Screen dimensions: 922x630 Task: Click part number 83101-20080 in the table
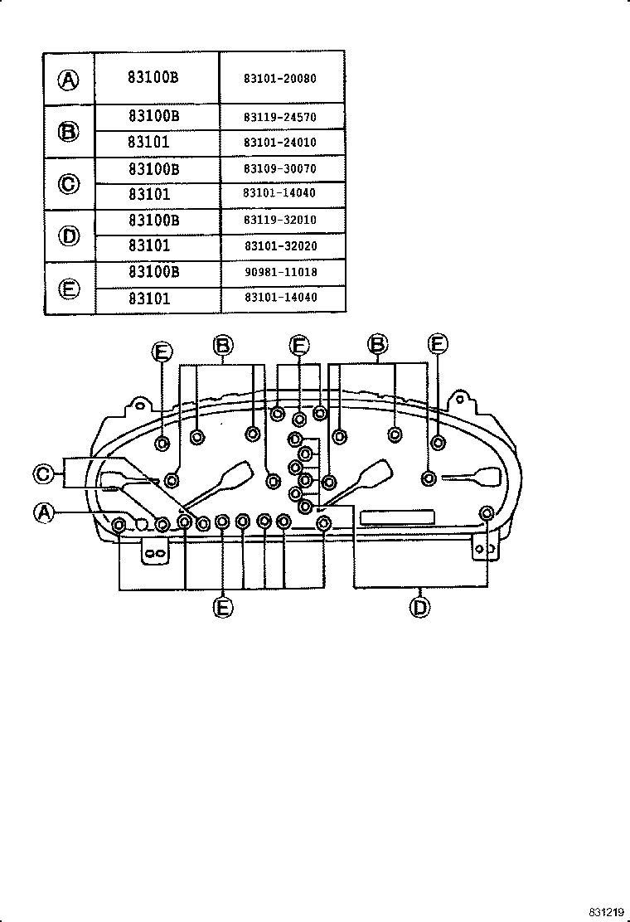coord(280,79)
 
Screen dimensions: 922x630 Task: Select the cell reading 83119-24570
coord(280,118)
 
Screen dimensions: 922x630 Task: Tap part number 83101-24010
coord(280,143)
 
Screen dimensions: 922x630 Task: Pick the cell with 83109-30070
coord(280,168)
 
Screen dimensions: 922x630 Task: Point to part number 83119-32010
coord(280,220)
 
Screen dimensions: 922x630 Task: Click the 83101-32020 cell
coord(280,246)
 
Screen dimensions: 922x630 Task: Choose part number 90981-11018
coord(280,272)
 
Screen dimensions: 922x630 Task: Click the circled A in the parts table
coord(69,80)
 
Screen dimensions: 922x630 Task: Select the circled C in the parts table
coord(69,183)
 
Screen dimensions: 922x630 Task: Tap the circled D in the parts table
coord(69,235)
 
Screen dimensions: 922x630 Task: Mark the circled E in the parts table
coord(69,288)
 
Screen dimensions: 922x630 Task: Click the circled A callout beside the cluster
coord(43,513)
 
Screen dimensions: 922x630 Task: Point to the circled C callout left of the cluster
coord(43,474)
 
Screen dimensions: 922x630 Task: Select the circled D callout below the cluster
coord(420,607)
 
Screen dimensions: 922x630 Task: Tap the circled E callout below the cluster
coord(222,607)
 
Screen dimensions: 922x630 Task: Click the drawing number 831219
coord(607,911)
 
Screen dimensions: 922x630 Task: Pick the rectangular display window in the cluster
coord(398,517)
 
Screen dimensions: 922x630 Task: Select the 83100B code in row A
coord(153,79)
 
